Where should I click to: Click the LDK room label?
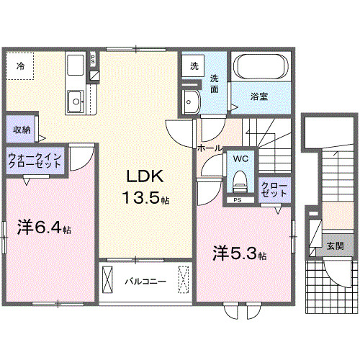click(x=148, y=176)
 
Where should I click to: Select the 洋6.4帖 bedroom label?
click(x=44, y=229)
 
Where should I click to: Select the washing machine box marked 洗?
click(x=194, y=66)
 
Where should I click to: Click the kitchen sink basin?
click(x=73, y=100)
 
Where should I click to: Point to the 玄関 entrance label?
click(x=335, y=246)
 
